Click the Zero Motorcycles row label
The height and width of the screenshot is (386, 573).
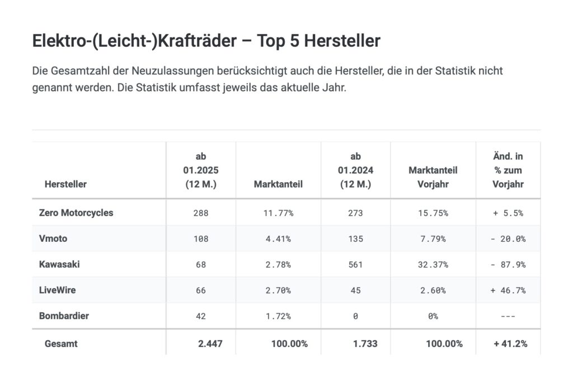pos(76,213)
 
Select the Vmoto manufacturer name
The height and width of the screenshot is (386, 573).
pos(53,239)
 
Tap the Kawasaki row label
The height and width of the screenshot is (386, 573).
pos(59,264)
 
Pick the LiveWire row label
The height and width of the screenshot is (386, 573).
pos(57,290)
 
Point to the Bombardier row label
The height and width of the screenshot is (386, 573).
pos(64,316)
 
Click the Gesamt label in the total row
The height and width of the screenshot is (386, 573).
pos(61,344)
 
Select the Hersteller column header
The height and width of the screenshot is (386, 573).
pos(65,184)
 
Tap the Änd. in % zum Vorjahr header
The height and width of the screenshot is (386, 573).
pos(508,170)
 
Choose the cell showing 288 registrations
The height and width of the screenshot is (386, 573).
pos(201,213)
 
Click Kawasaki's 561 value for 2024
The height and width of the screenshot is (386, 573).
pos(355,265)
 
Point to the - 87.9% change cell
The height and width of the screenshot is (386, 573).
pos(508,265)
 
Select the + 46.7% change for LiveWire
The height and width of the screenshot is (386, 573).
pos(508,290)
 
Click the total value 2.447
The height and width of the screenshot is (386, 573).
pos(210,344)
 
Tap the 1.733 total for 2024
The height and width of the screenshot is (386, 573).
pos(365,344)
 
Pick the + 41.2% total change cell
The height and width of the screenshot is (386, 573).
pos(510,344)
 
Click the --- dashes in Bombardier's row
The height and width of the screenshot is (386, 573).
pos(508,316)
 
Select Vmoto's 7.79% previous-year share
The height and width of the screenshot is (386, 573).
pos(433,239)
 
